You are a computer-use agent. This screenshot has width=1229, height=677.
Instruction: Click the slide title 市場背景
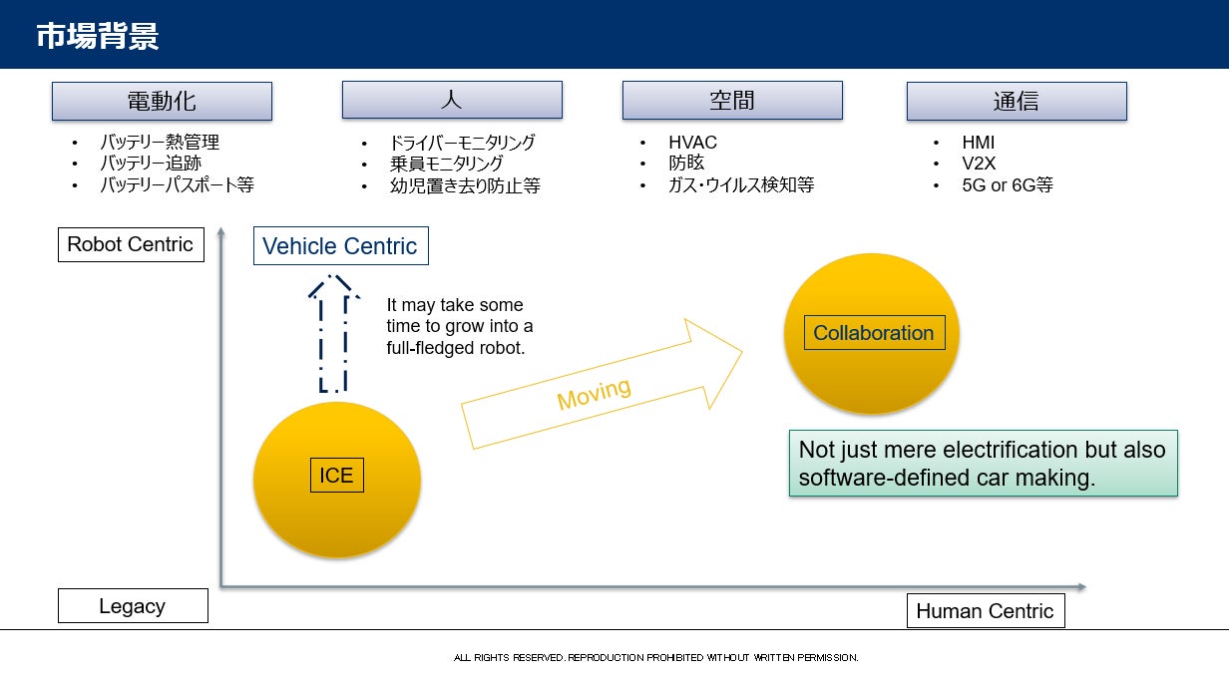click(x=97, y=36)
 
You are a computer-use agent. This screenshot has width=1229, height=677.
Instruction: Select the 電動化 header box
click(x=162, y=101)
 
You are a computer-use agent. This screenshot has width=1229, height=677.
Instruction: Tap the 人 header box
click(x=452, y=100)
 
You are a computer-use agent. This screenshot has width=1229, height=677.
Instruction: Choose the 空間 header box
click(x=732, y=101)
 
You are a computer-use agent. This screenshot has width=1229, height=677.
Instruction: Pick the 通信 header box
click(x=1016, y=101)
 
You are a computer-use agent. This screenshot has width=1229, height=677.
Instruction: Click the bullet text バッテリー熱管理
click(x=159, y=143)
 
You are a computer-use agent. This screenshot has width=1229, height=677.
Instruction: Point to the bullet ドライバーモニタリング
click(x=462, y=143)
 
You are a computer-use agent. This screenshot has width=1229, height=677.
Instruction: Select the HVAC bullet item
click(x=692, y=143)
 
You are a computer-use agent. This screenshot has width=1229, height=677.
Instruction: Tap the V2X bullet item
click(x=979, y=164)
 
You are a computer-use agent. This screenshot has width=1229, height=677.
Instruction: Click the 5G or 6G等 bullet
click(x=1008, y=185)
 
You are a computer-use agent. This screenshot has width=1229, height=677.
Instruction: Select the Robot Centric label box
click(x=131, y=244)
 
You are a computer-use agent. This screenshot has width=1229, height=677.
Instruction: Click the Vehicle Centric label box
click(x=340, y=246)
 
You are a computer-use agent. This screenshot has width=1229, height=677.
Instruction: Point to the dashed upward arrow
click(x=333, y=334)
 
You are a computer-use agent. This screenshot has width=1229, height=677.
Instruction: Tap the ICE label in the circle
click(x=336, y=476)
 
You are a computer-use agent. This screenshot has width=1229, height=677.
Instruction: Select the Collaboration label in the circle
click(x=873, y=333)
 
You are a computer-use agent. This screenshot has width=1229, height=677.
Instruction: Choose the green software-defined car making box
click(x=983, y=464)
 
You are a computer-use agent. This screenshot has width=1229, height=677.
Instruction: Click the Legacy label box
click(x=133, y=606)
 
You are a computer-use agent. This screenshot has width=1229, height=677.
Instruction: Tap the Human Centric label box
click(x=985, y=611)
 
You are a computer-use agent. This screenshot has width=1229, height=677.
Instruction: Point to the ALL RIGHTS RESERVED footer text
click(x=655, y=658)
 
